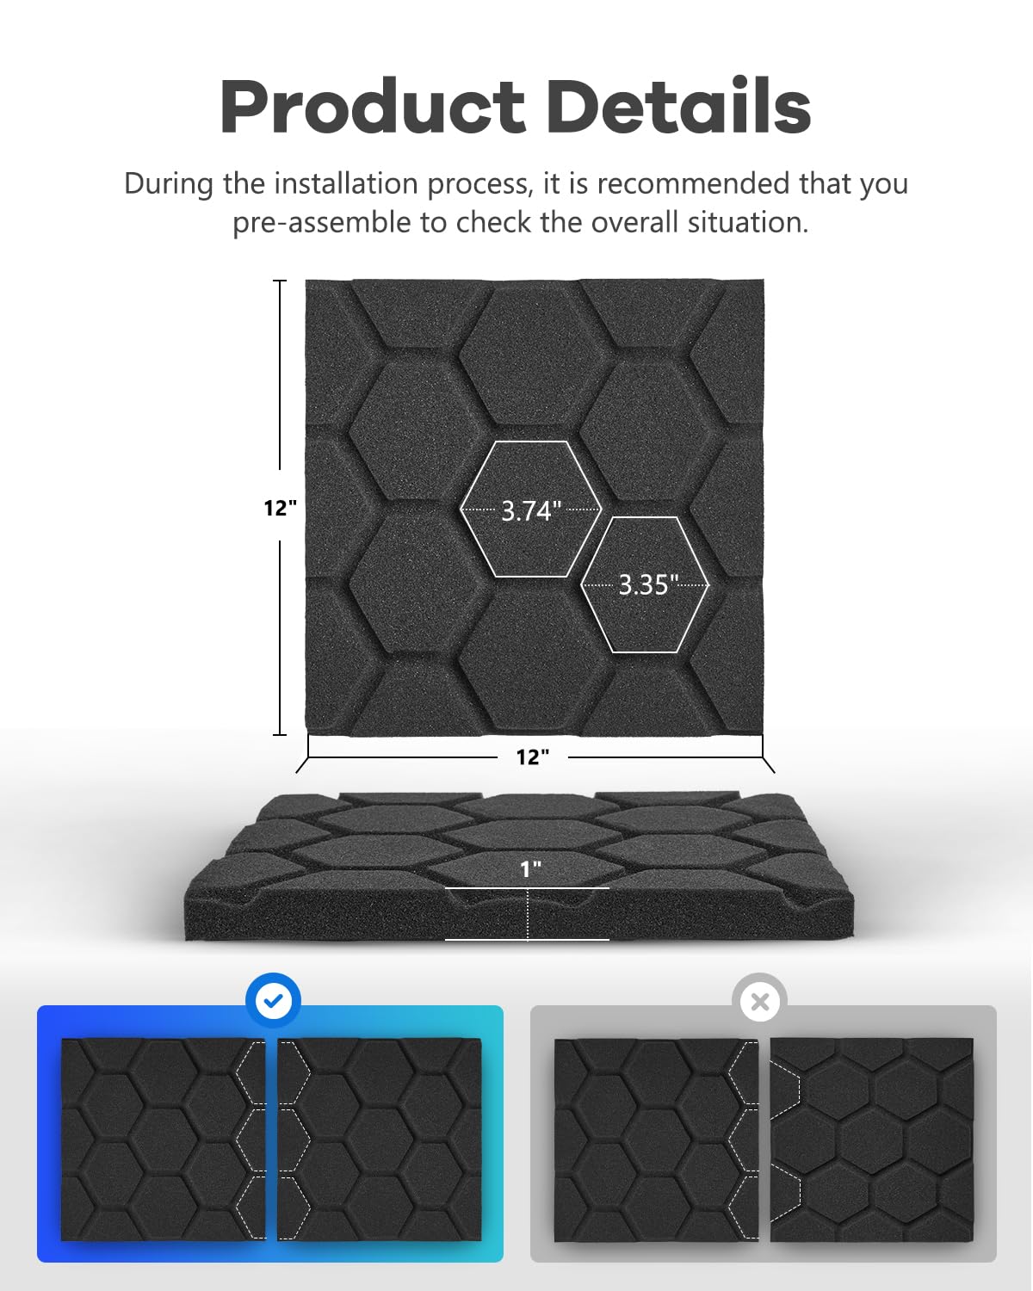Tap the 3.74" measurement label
[x=530, y=510]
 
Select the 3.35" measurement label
[x=648, y=584]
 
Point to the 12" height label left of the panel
[x=281, y=508]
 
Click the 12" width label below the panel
[x=533, y=757]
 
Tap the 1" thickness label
[x=530, y=869]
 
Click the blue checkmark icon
[x=274, y=1001]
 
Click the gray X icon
[x=760, y=1001]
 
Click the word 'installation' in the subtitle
[x=346, y=183]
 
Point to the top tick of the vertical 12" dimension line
[x=280, y=281]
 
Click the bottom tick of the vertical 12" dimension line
[x=280, y=734]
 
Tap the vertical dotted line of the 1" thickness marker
[x=528, y=914]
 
